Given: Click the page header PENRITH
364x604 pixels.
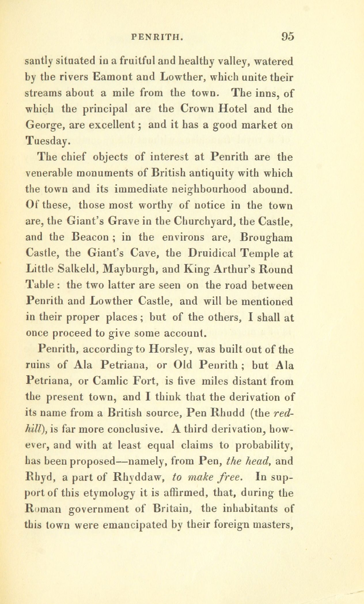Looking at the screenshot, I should pos(156,37).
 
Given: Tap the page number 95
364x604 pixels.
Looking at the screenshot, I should pos(286,37).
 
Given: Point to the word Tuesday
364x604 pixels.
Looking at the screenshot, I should pos(48,141).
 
